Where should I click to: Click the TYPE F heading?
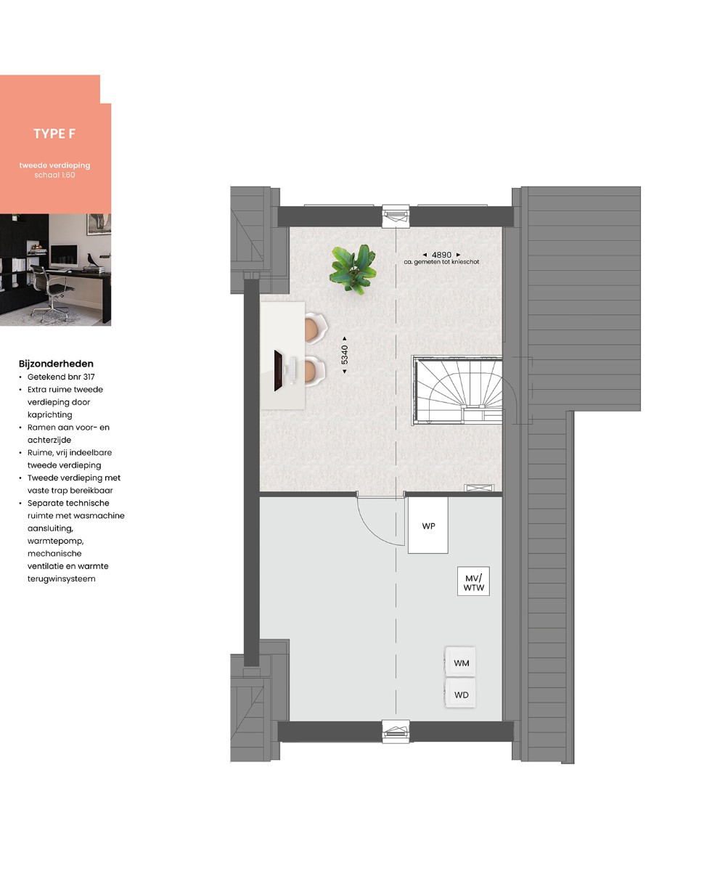(x=54, y=134)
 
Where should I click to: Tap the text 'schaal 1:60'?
(x=54, y=175)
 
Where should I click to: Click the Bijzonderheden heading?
(x=56, y=364)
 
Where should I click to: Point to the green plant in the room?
(x=353, y=268)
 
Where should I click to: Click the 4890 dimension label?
(x=441, y=255)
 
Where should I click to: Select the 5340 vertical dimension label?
(x=345, y=354)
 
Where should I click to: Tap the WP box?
(x=427, y=525)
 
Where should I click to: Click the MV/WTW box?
(x=473, y=581)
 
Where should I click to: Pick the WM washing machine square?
(x=460, y=663)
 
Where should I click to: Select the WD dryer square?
(x=460, y=694)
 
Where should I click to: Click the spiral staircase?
(x=458, y=390)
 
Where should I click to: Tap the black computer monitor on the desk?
(x=278, y=370)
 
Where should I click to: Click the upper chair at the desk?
(x=316, y=328)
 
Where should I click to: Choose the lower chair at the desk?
(x=314, y=371)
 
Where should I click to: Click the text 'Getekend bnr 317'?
(x=61, y=377)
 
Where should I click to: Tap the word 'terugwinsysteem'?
(x=62, y=578)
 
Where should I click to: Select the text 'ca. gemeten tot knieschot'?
(x=441, y=262)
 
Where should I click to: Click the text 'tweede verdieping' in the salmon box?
(x=54, y=165)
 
